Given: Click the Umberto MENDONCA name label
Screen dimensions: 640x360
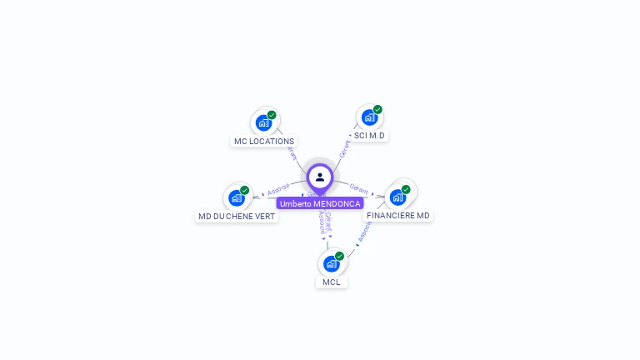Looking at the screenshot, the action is click(320, 203).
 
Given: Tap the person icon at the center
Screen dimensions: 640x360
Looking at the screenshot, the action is click(320, 177).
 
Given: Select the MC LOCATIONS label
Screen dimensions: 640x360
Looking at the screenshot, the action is click(263, 142).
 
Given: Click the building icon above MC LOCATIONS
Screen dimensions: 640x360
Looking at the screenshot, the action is click(263, 123).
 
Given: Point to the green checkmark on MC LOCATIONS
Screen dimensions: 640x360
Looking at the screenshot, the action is click(272, 115).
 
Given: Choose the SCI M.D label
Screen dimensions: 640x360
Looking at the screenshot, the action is click(369, 135).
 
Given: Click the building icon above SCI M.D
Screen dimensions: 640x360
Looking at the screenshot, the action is click(369, 117).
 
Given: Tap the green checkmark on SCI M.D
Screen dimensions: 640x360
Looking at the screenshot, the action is click(377, 109).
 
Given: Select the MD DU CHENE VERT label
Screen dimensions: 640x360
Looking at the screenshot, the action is click(236, 217).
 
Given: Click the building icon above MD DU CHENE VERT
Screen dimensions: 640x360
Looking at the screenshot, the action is click(237, 198).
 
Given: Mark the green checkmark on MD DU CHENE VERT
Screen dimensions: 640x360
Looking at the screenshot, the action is click(244, 190).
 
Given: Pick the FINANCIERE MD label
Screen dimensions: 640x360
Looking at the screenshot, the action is click(398, 216).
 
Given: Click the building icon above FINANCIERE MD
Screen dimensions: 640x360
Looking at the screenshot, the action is click(397, 197).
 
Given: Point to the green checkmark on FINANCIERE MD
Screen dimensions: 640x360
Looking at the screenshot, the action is click(406, 189).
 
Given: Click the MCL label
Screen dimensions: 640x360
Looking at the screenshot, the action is click(332, 282).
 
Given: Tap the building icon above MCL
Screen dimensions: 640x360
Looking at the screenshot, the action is click(332, 264).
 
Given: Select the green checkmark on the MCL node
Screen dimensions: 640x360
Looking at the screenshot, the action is click(339, 256).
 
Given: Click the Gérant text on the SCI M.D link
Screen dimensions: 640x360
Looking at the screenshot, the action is click(344, 149).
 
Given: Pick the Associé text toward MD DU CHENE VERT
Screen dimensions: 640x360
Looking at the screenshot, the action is click(278, 189).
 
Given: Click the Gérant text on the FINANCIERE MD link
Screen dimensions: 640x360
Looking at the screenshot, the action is click(359, 189).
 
